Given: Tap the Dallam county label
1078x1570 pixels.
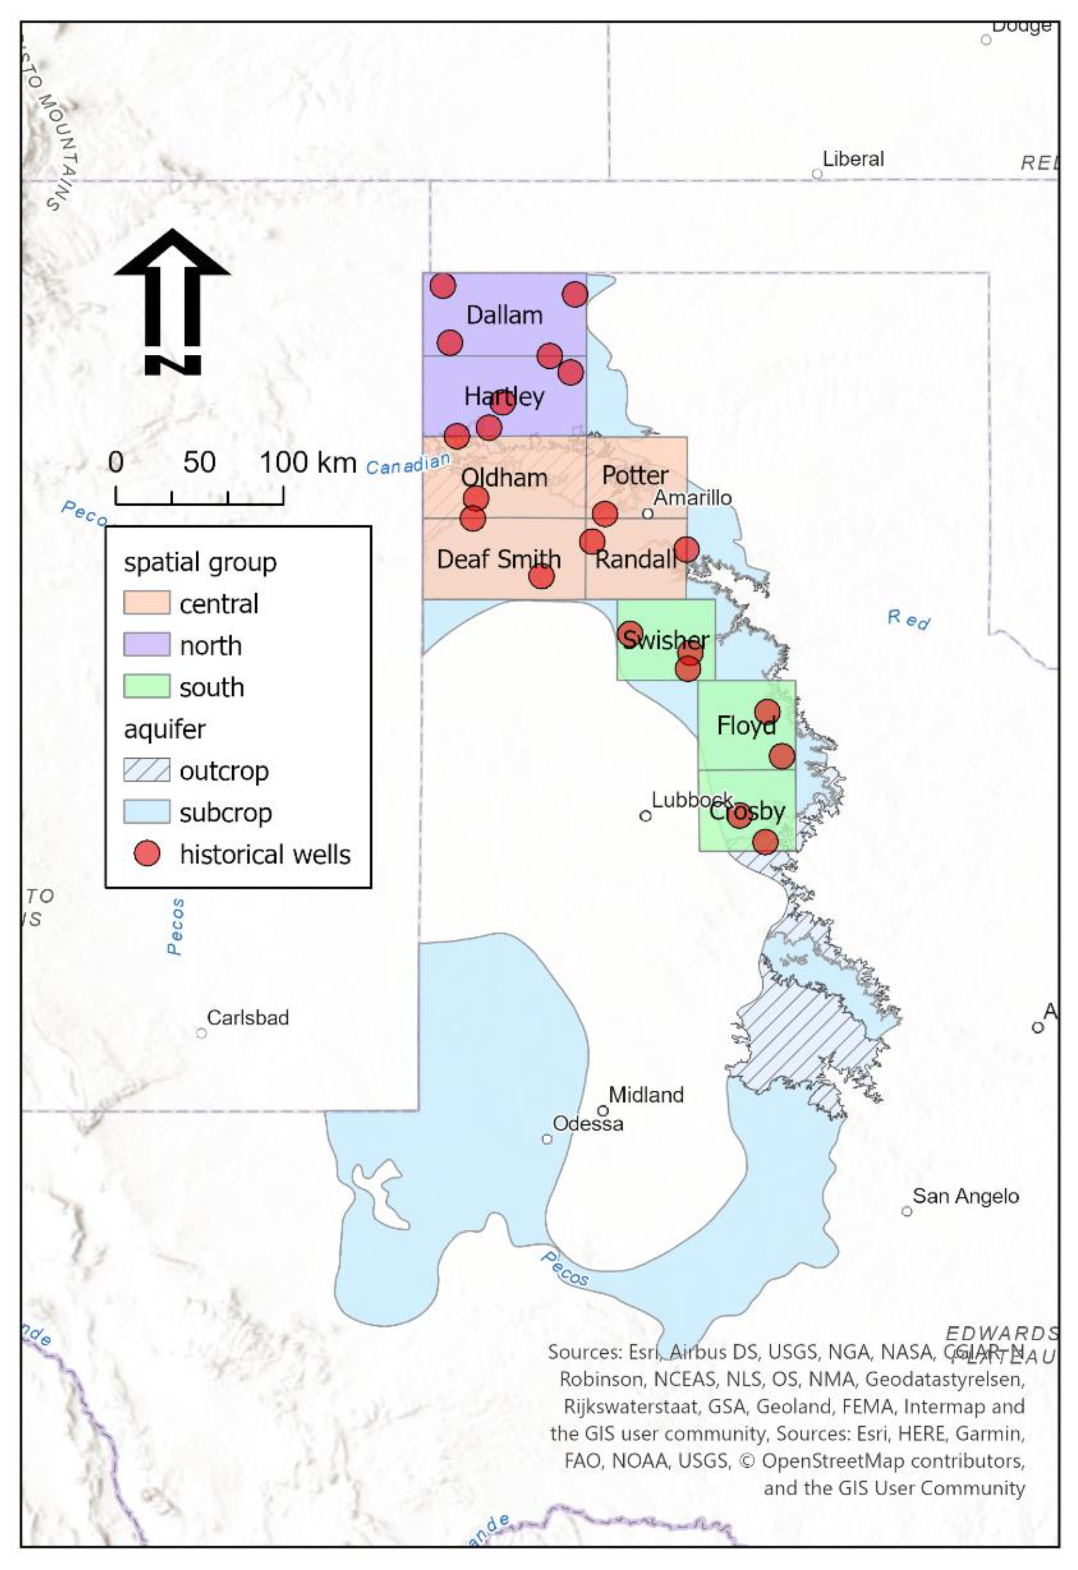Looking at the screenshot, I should [504, 315].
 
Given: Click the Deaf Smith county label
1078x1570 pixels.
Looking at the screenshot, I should [498, 559].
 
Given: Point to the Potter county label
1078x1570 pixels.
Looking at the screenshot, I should [635, 475].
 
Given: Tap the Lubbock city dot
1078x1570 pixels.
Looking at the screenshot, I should [645, 815].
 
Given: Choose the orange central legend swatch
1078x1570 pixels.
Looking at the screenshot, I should [146, 603].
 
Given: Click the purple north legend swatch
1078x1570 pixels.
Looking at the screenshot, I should [146, 645].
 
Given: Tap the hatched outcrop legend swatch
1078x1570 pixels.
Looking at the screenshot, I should [146, 770].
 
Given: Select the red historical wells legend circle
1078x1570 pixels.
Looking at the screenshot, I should [147, 854].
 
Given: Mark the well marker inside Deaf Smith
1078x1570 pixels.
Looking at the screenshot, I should [541, 576].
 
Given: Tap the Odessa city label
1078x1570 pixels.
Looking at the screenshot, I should [588, 1124].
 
